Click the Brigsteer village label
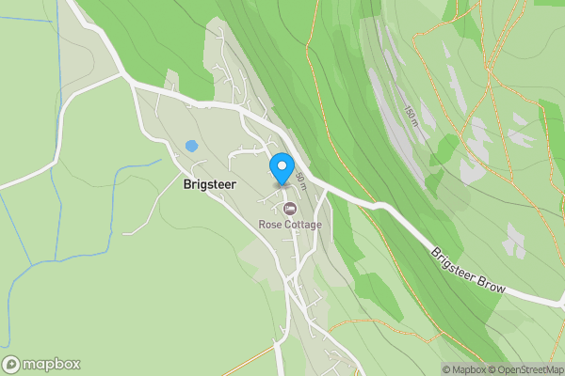click(x=209, y=185)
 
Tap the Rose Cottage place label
click(x=290, y=226)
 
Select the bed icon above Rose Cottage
click(x=290, y=207)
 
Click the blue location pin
click(x=281, y=168)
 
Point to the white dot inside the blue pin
click(x=281, y=165)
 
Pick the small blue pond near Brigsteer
click(x=191, y=146)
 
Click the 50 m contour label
click(x=300, y=178)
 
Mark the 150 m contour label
click(x=411, y=117)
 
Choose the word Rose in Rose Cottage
click(x=270, y=226)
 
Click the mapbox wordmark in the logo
click(x=51, y=365)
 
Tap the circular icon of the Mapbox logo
click(x=12, y=365)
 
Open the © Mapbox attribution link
click(x=467, y=369)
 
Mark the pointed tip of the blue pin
click(x=281, y=184)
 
